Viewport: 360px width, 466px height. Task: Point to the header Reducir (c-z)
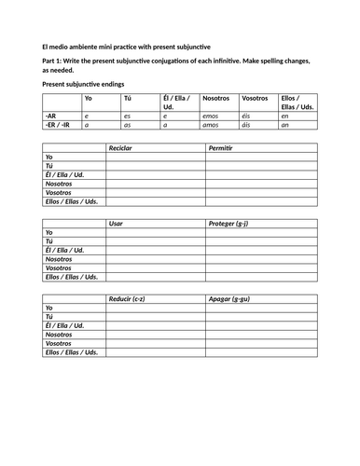click(x=129, y=298)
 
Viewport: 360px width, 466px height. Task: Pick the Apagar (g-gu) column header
click(x=229, y=298)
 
